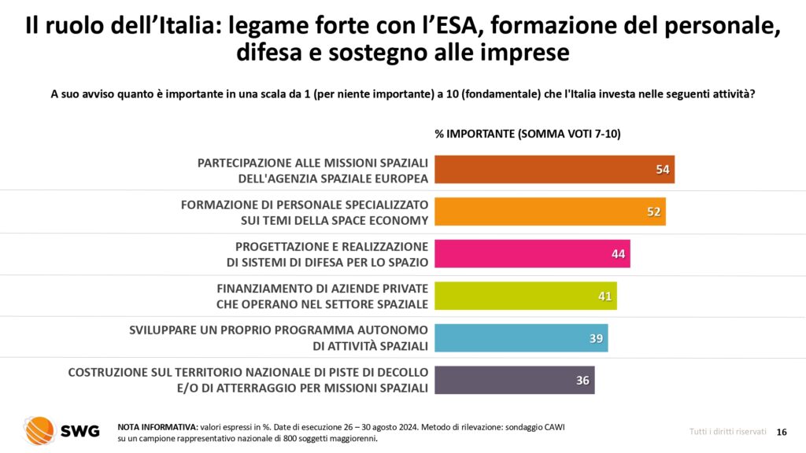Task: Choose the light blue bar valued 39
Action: (x=520, y=338)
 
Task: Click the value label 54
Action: (x=663, y=169)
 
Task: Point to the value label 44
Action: (x=618, y=254)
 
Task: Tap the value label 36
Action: (x=582, y=381)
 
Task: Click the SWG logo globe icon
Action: (x=39, y=430)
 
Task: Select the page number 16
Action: (x=782, y=432)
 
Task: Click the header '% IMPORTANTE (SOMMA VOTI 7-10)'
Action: (x=527, y=134)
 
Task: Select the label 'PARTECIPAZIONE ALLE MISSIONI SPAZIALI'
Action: (x=312, y=162)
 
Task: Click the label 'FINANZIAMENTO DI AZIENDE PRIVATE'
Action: (x=322, y=289)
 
